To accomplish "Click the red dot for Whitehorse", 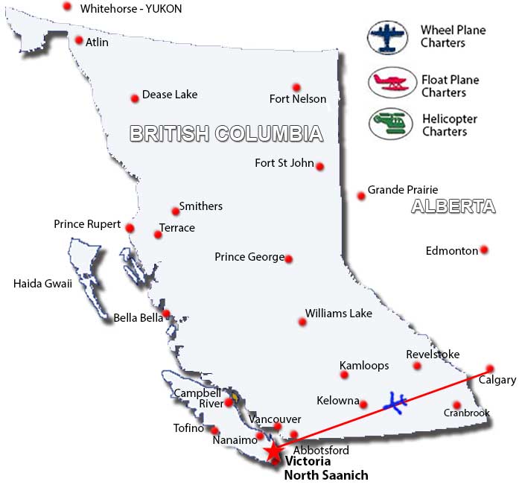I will [x=67, y=6].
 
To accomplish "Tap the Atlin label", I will [x=97, y=42].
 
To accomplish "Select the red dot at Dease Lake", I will [x=135, y=98].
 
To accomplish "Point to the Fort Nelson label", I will [x=298, y=99].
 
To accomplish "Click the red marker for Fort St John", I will [x=319, y=166].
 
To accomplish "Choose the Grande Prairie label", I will [x=403, y=190].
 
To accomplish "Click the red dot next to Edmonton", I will [x=484, y=249].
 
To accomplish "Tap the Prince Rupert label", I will [x=87, y=223].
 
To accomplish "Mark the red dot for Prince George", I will [x=288, y=259].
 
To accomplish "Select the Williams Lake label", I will [x=339, y=314].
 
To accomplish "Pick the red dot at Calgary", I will [x=490, y=368].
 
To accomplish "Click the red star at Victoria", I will [x=275, y=451].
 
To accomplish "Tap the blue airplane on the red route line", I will [x=395, y=403].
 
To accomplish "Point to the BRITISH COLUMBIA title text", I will [x=226, y=133].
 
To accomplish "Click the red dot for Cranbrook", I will [x=456, y=405].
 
